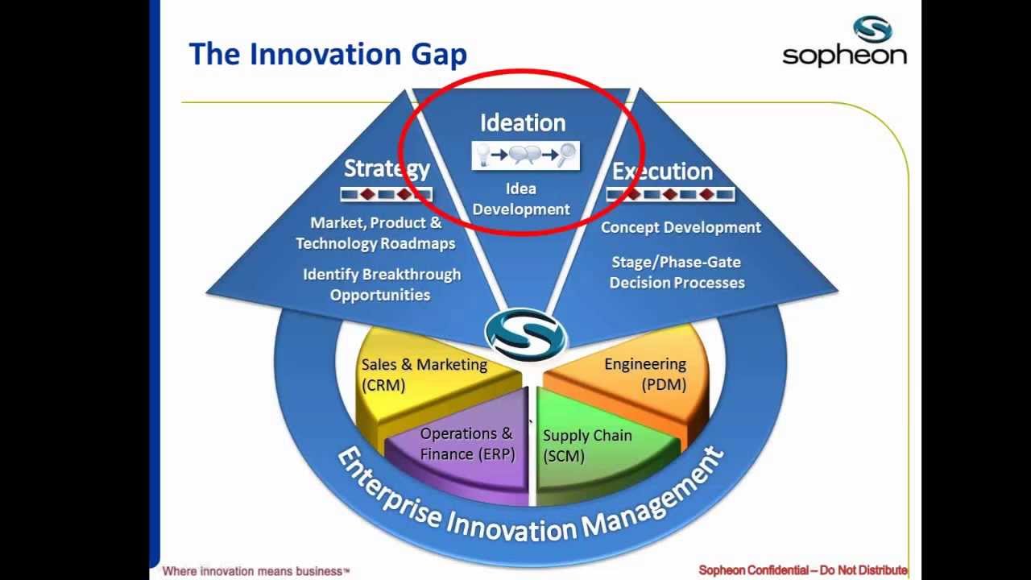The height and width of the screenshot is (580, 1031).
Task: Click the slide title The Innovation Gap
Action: pos(327,55)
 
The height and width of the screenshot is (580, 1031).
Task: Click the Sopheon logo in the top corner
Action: pos(844,42)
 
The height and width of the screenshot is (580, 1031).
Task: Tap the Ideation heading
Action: pos(523,122)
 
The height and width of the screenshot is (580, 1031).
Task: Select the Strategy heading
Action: pos(387,168)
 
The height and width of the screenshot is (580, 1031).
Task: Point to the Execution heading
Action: pos(662,171)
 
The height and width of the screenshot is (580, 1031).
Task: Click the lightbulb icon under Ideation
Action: pos(483,154)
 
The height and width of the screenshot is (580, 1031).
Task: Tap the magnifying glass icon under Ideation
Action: pos(567,154)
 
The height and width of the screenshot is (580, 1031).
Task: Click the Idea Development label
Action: pos(521,199)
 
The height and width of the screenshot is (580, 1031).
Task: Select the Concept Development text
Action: pos(681,227)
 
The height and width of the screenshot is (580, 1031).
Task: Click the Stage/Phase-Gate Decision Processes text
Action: pos(677,272)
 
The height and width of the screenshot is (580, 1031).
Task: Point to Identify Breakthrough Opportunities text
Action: pos(382,284)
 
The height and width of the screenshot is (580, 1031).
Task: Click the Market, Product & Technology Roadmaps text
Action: pos(375,233)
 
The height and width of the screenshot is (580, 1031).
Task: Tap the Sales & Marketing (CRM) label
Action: pos(424,375)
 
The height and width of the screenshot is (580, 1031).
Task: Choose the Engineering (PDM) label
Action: pos(645,375)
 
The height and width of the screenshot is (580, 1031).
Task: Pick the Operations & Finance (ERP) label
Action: pos(466,444)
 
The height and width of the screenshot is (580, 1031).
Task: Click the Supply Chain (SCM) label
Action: pos(586,445)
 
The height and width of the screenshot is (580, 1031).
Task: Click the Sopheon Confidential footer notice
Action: pos(802,570)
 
